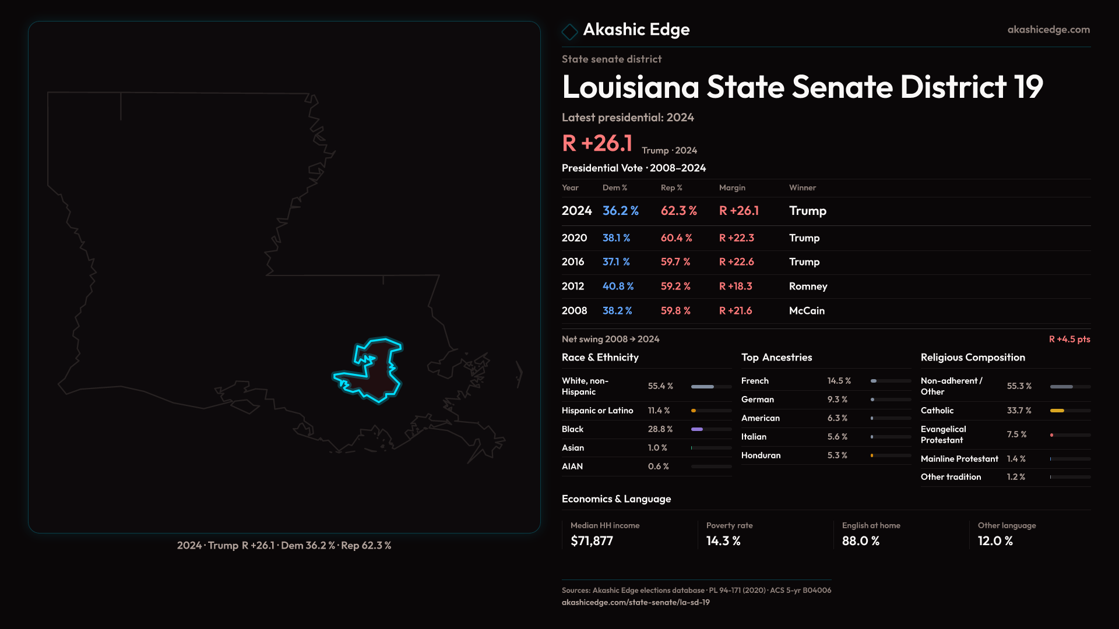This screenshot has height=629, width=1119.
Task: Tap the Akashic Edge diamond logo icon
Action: coord(569,31)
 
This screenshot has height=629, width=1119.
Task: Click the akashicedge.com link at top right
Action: coord(1048,29)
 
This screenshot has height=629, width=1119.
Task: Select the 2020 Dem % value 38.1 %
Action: coord(616,238)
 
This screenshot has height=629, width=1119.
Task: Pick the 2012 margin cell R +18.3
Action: coord(736,286)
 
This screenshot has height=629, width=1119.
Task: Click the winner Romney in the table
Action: coord(808,286)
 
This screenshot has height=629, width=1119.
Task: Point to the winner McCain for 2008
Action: coord(807,310)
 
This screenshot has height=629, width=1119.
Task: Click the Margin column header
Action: coord(732,188)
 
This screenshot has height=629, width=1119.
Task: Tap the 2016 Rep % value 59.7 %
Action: coord(675,262)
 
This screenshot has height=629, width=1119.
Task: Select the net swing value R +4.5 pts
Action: coord(1069,339)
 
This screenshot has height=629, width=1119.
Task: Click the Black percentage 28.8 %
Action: coord(660,429)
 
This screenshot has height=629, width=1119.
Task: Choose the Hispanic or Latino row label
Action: coord(597,411)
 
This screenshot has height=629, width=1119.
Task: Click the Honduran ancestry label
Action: coord(761,455)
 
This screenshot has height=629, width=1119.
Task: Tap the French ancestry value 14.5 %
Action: coord(839,381)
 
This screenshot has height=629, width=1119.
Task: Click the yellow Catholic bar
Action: coord(1057,411)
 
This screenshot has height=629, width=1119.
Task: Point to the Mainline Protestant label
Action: coord(959,459)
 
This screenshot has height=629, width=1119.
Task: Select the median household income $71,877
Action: coord(592,541)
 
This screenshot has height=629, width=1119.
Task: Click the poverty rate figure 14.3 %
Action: coord(723,541)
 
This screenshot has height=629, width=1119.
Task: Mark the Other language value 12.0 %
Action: coord(995,541)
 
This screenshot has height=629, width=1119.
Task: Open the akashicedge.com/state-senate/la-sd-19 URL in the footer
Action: coord(635,602)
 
